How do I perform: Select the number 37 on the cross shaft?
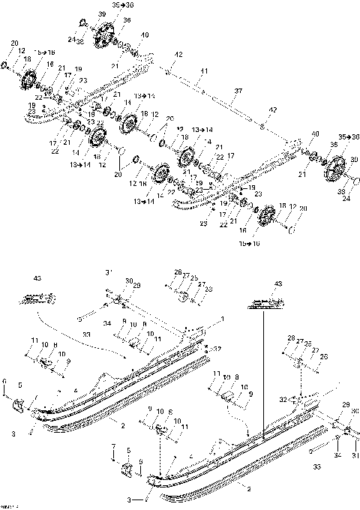click(x=238, y=91)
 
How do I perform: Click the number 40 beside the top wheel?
click(x=144, y=34)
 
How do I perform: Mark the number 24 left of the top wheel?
click(x=71, y=40)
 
